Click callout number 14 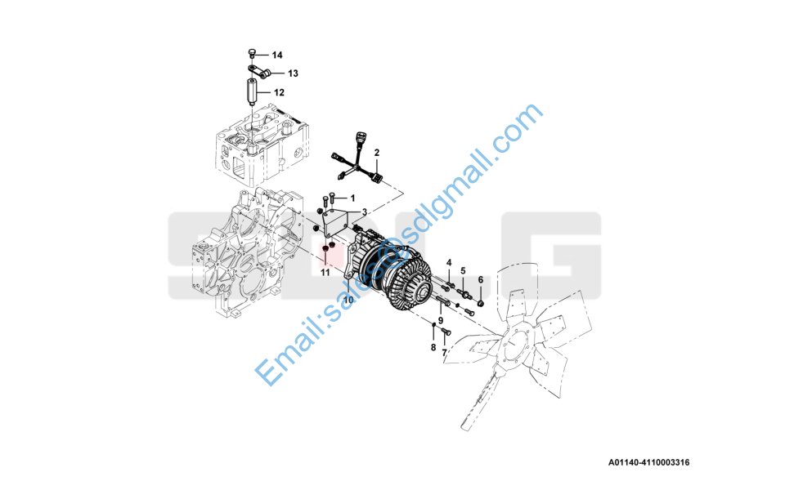coord(277,56)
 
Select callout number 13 coord(293,73)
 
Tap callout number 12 coord(279,92)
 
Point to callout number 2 coord(377,153)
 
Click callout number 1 coord(352,198)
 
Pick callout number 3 coord(365,212)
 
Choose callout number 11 coord(325,273)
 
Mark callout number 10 coord(348,301)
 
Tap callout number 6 coord(480,280)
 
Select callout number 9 coord(441,320)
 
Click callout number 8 coord(433,348)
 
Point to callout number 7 coord(444,353)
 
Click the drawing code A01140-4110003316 coord(648,462)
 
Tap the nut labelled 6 coord(481,305)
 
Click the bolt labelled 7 coord(445,332)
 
